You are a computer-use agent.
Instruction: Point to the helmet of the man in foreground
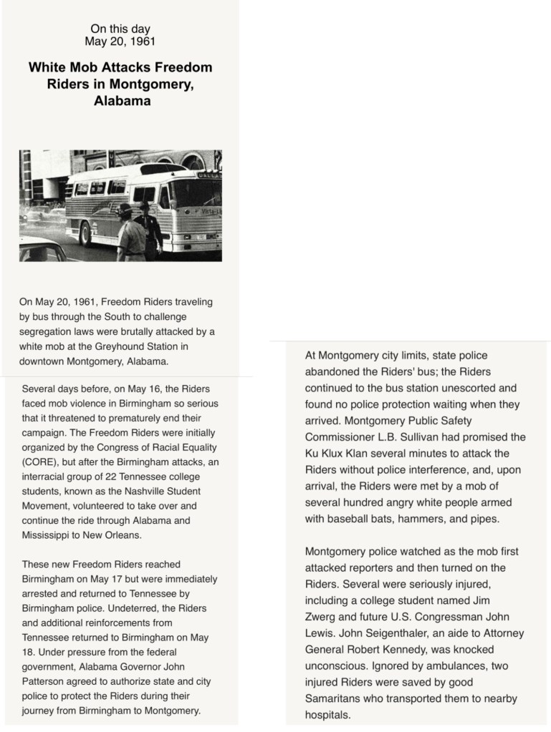pyautogui.click(x=125, y=208)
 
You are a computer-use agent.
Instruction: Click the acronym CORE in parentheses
pyautogui.click(x=42, y=462)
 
